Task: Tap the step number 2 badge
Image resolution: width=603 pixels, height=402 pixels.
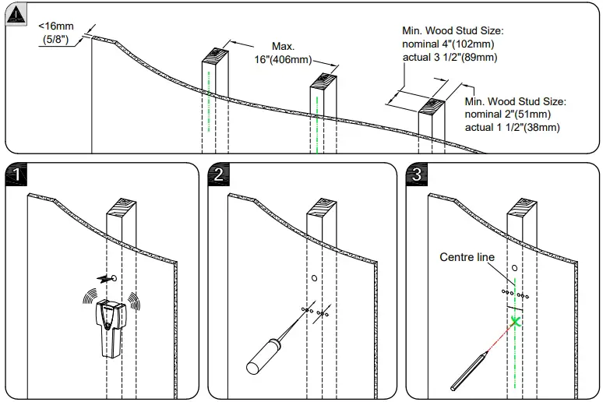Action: click(218, 174)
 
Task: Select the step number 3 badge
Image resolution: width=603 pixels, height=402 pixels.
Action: click(417, 174)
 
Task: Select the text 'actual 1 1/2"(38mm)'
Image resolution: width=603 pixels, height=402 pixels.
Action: click(512, 126)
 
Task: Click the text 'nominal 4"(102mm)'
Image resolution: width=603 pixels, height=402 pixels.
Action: click(449, 44)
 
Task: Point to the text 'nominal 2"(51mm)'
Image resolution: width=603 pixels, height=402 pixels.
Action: click(510, 114)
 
